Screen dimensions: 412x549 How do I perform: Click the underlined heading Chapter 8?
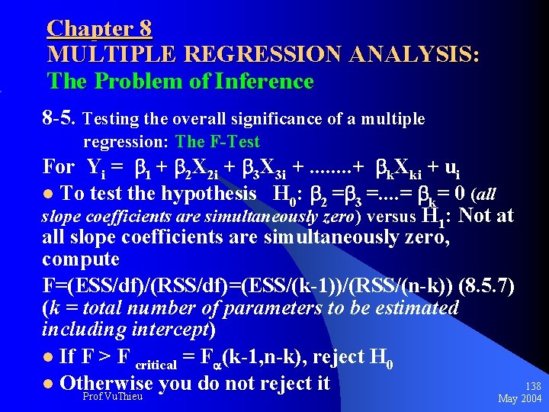[99, 29]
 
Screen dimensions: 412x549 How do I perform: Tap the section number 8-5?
[59, 119]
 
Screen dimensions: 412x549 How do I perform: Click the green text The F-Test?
[217, 142]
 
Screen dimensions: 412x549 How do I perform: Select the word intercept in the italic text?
[173, 331]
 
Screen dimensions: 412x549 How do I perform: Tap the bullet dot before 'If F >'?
[48, 357]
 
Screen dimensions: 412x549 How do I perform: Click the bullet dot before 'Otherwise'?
[48, 383]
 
